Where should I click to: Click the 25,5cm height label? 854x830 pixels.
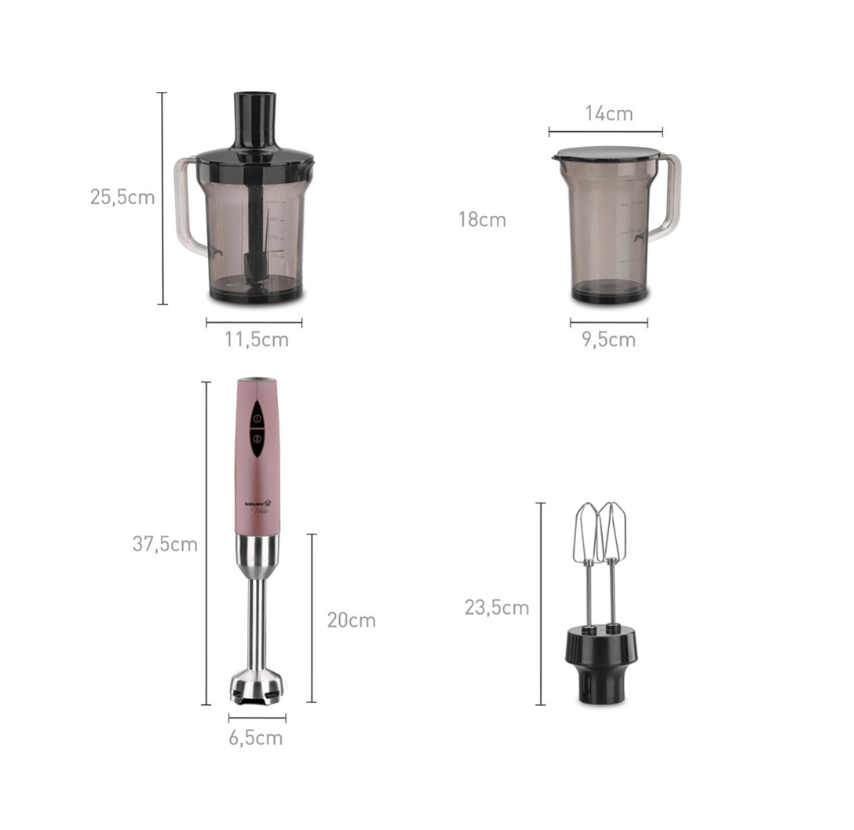point(122,197)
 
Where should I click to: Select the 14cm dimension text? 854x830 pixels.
point(608,114)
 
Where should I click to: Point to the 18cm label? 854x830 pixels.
point(482,220)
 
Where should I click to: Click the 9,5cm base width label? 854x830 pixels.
point(608,340)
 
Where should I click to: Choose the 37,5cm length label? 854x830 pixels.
point(165,544)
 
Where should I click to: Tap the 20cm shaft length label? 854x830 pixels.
point(351,620)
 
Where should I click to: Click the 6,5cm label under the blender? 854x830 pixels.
point(256,738)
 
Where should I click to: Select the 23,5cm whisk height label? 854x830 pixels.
point(496,608)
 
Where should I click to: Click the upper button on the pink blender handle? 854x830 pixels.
point(257,417)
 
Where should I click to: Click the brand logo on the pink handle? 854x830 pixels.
point(257,503)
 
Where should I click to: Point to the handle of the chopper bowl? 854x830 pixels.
point(187,208)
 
